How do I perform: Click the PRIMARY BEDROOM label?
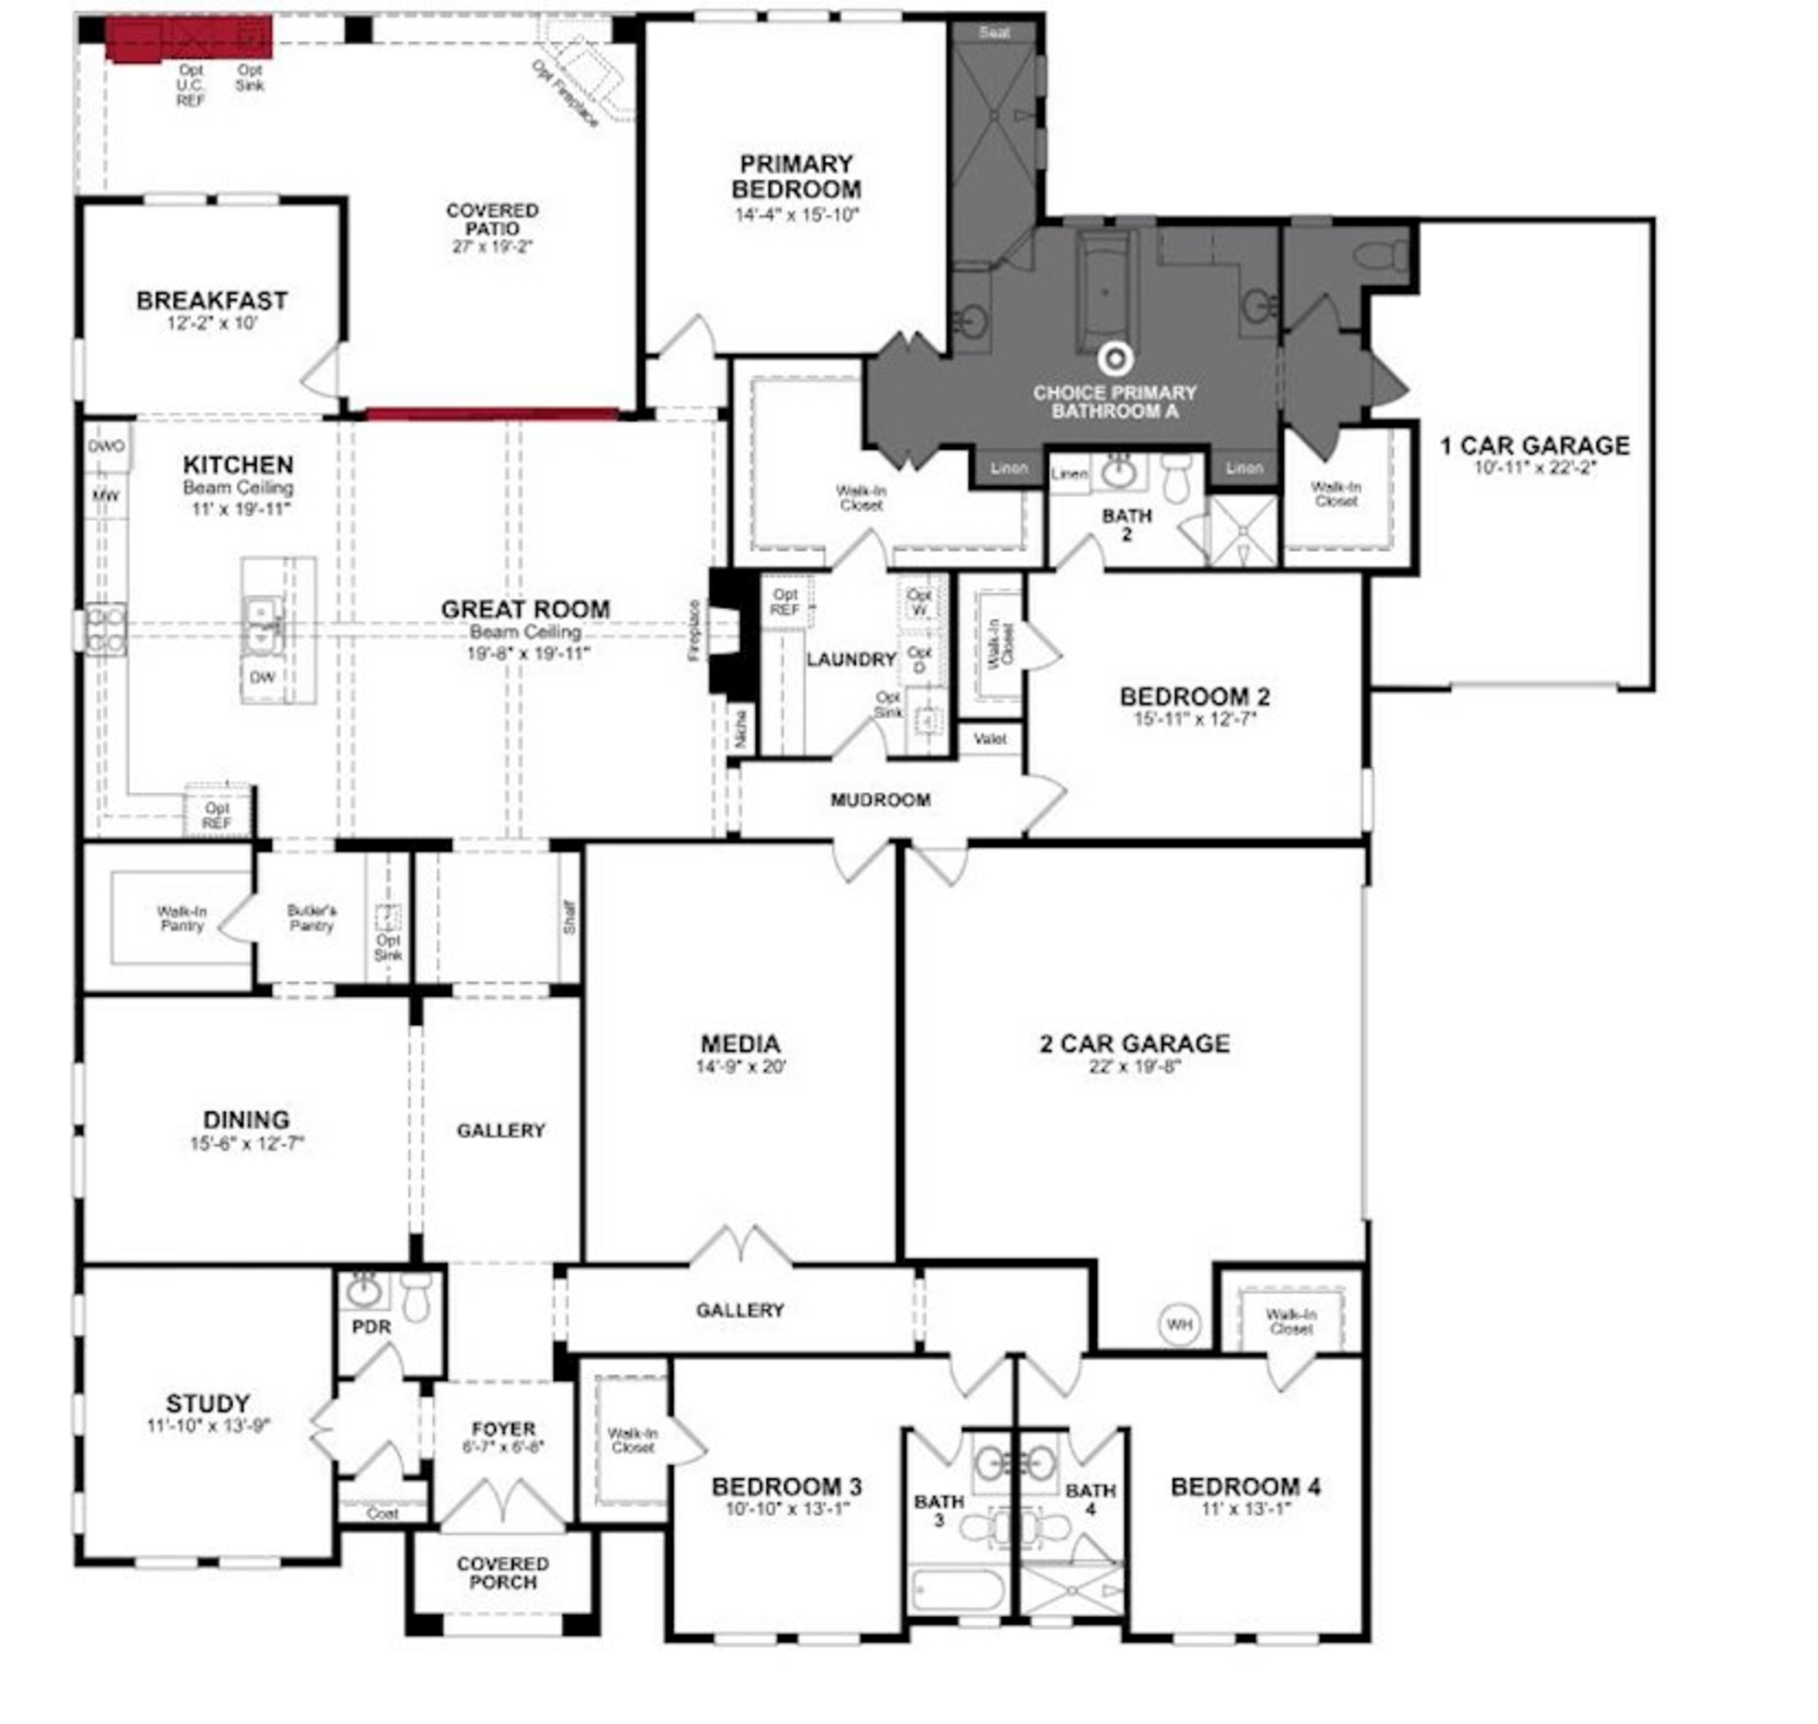[x=795, y=177]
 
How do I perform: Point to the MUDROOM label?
[x=880, y=799]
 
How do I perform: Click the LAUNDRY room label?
[x=851, y=659]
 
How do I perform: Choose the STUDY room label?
[x=208, y=1403]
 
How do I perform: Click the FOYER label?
[x=502, y=1429]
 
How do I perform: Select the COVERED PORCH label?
[x=502, y=1572]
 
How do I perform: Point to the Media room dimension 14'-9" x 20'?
[x=740, y=1067]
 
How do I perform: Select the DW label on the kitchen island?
[x=262, y=677]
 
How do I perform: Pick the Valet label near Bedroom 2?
[x=989, y=738]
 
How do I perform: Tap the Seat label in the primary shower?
[x=994, y=32]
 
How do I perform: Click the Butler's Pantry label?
[x=312, y=917]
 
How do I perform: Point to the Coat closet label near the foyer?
[x=382, y=1513]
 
